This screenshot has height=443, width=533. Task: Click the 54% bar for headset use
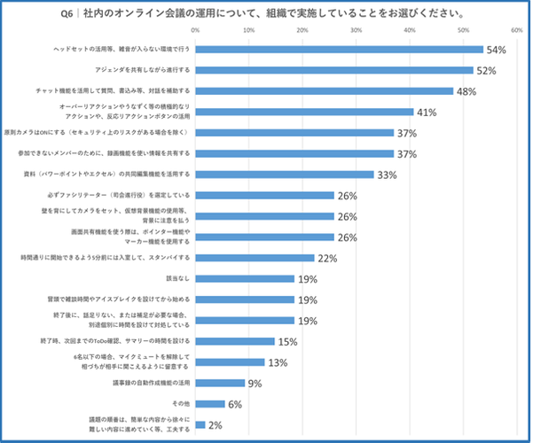(339, 50)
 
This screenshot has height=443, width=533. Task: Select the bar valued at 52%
(333, 70)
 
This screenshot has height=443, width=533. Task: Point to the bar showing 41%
(304, 112)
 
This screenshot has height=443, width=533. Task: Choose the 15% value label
(287, 341)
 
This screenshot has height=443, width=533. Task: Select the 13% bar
(230, 361)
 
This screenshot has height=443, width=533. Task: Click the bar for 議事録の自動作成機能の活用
(219, 383)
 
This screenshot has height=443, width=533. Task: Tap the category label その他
(181, 404)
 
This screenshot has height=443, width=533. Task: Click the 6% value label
(235, 405)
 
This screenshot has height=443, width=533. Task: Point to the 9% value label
(255, 384)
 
